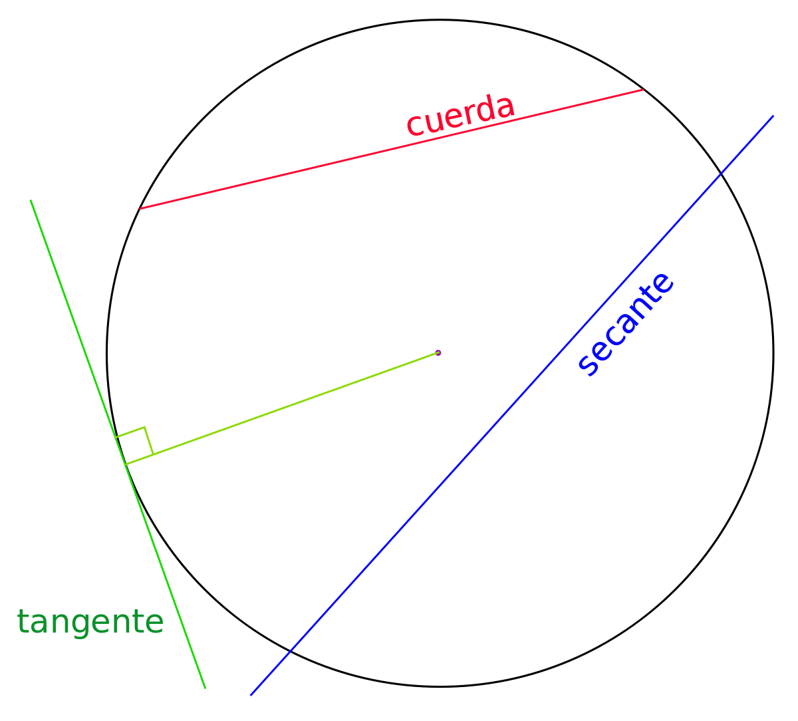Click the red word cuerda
(460, 116)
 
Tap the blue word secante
(626, 324)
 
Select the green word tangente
(90, 622)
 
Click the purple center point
(438, 353)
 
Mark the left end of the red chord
(140, 209)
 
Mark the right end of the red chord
(642, 89)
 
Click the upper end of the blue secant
(773, 116)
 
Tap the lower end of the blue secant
(251, 696)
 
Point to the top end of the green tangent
(30, 200)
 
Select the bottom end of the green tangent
(205, 688)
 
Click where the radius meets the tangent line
(125, 464)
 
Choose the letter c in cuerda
(415, 126)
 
